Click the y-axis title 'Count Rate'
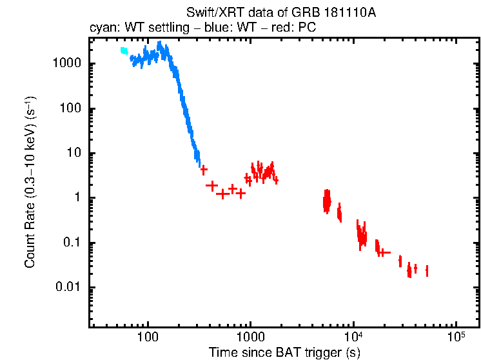tap(30, 183)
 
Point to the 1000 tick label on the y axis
tap(66, 64)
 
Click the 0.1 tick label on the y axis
tap(70, 243)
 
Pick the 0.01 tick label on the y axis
tap(68, 288)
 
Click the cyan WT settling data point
tap(124, 51)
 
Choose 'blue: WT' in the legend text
tap(226, 29)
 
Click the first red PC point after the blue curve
tap(204, 170)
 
